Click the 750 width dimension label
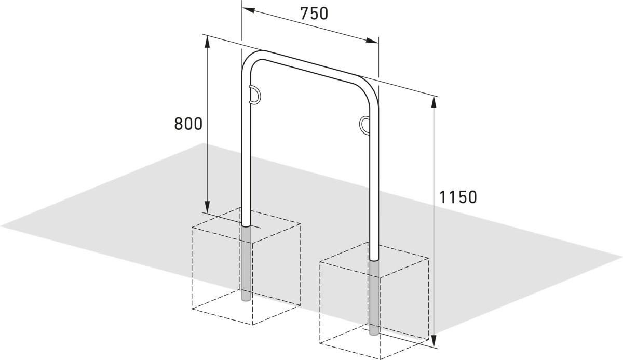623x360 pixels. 314,14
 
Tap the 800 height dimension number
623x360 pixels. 188,124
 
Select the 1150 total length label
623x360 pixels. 458,197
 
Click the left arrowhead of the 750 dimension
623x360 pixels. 248,10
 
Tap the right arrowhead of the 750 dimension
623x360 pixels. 372,41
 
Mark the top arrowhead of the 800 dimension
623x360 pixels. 207,42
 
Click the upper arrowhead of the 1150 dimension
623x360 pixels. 434,102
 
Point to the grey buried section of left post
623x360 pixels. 246,263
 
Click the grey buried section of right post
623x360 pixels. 374,298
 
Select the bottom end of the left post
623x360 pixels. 246,300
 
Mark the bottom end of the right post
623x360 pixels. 374,335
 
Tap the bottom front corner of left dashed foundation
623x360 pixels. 252,325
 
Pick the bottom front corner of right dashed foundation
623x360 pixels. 381,359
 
